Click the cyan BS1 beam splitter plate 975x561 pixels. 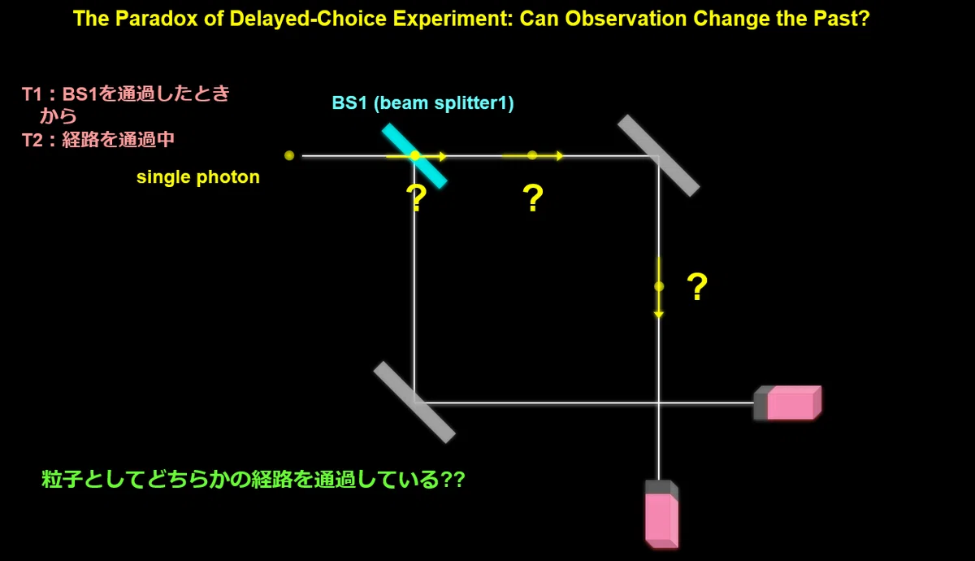point(414,156)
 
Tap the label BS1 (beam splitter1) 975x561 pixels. point(422,103)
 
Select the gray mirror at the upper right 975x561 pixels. point(659,155)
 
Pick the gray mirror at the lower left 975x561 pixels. point(414,402)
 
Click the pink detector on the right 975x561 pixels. point(788,403)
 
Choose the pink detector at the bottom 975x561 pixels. point(661,514)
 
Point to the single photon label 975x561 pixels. point(198,177)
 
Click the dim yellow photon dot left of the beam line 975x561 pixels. point(289,155)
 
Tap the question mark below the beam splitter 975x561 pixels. point(416,198)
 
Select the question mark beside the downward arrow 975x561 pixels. point(697,286)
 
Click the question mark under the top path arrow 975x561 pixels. point(533,198)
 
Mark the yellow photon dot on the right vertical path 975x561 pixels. point(659,286)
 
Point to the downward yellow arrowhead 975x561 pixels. point(659,315)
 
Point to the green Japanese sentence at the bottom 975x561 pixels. point(253,479)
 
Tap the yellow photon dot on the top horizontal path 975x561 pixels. point(532,155)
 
